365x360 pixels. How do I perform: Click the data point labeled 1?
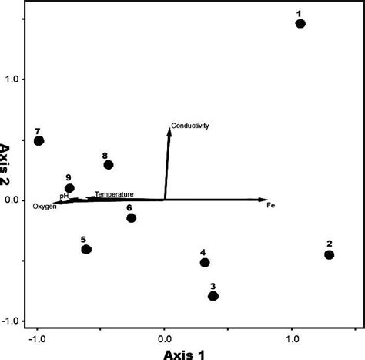pyautogui.click(x=300, y=24)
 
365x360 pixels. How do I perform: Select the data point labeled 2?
pyautogui.click(x=330, y=254)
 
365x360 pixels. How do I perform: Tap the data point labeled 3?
pyautogui.click(x=213, y=296)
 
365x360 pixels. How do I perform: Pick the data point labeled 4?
pyautogui.click(x=205, y=263)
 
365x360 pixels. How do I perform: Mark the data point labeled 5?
pyautogui.click(x=86, y=249)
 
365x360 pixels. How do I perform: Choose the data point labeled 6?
pyautogui.click(x=132, y=218)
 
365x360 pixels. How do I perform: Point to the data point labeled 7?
pyautogui.click(x=39, y=140)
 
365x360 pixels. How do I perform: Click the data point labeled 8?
pyautogui.click(x=109, y=165)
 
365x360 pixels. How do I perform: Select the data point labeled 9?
pyautogui.click(x=70, y=188)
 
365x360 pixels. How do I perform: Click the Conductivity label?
pyautogui.click(x=190, y=126)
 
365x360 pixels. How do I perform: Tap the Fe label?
pyautogui.click(x=270, y=206)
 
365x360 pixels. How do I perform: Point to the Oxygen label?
pyautogui.click(x=45, y=207)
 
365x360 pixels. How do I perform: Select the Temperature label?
pyautogui.click(x=114, y=194)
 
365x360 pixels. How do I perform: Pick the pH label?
pyautogui.click(x=65, y=197)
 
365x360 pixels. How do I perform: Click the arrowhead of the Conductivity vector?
pyautogui.click(x=169, y=130)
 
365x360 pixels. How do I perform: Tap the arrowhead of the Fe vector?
pyautogui.click(x=263, y=200)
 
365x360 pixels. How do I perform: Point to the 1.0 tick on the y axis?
pyautogui.click(x=16, y=79)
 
